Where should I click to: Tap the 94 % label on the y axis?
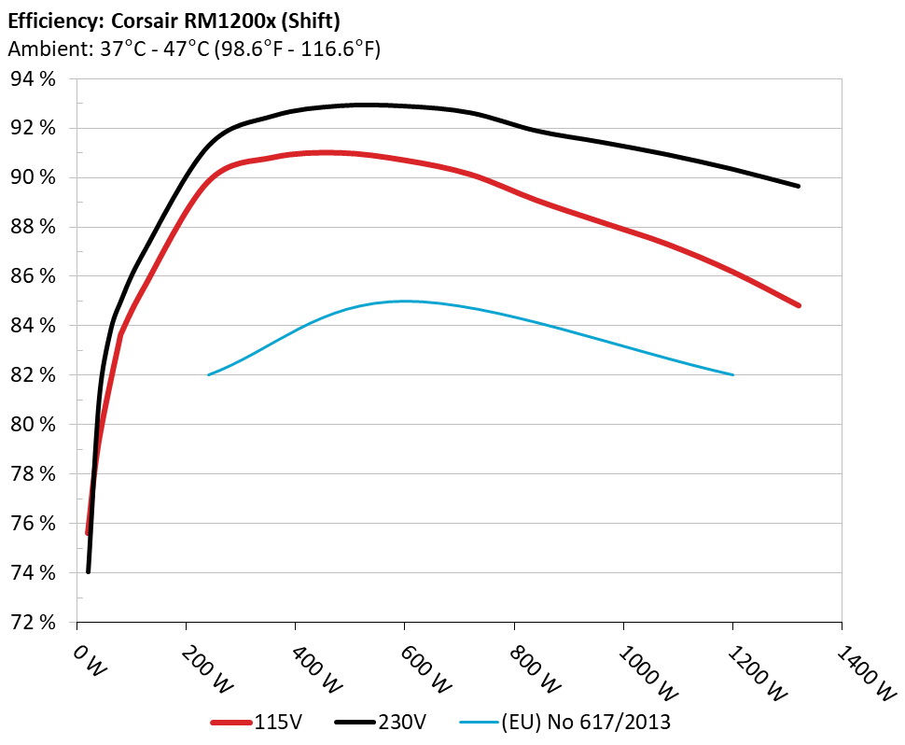coord(34,79)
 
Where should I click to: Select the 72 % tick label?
coord(34,622)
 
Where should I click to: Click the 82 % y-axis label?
coord(34,375)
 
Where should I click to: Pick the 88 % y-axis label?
coord(34,227)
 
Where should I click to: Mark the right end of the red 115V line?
coord(799,305)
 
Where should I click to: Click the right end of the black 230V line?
coord(799,186)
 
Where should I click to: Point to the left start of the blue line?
coord(208,374)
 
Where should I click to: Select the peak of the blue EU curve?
coord(404,301)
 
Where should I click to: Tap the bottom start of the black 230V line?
coord(88,570)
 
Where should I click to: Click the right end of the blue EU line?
coord(732,374)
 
